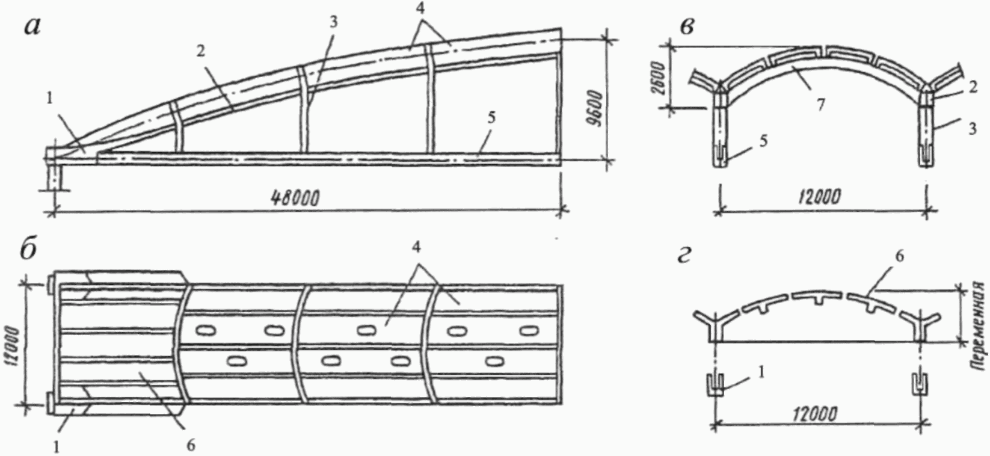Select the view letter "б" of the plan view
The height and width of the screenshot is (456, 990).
[x=29, y=251]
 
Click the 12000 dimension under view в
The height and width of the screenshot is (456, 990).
[x=821, y=198]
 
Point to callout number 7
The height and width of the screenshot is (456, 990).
[x=820, y=105]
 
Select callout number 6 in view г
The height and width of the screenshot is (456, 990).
[x=899, y=256]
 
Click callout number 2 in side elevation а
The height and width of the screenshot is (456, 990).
[x=200, y=51]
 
